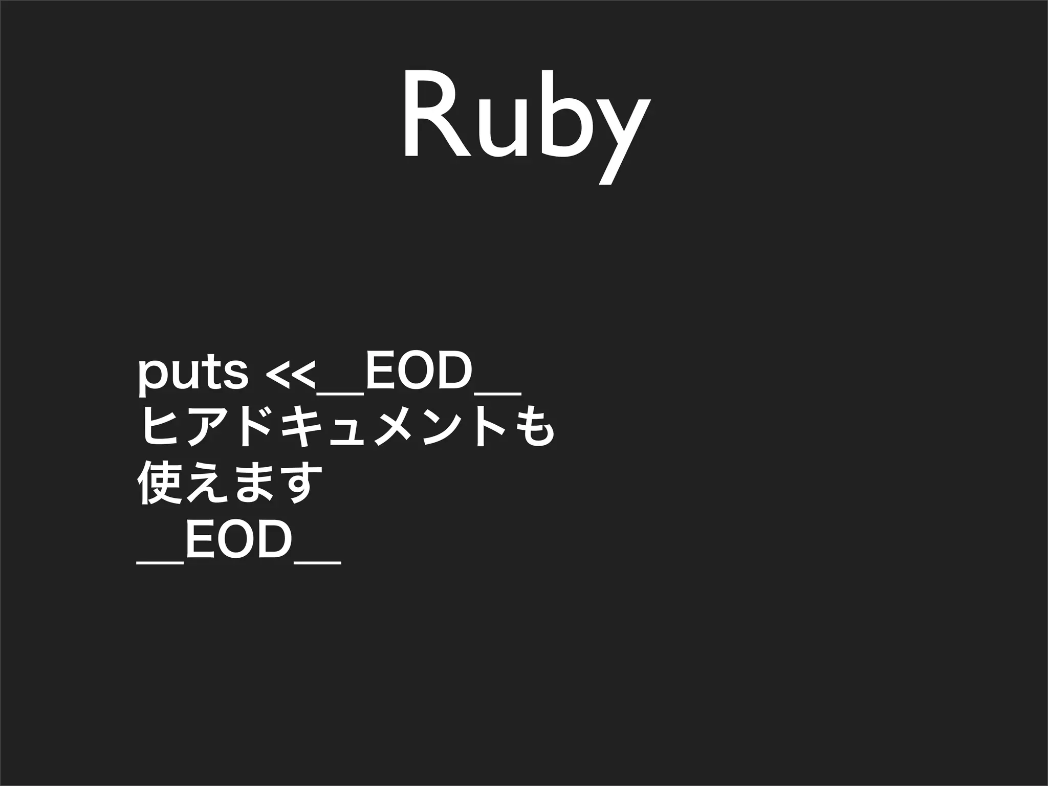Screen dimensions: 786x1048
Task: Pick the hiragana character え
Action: (207, 484)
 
